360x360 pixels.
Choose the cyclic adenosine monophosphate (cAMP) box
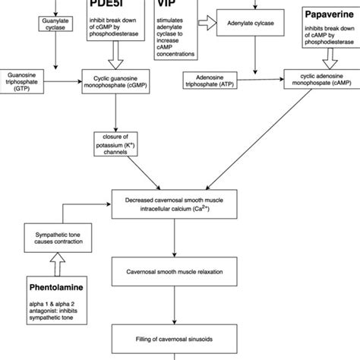point(318,77)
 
